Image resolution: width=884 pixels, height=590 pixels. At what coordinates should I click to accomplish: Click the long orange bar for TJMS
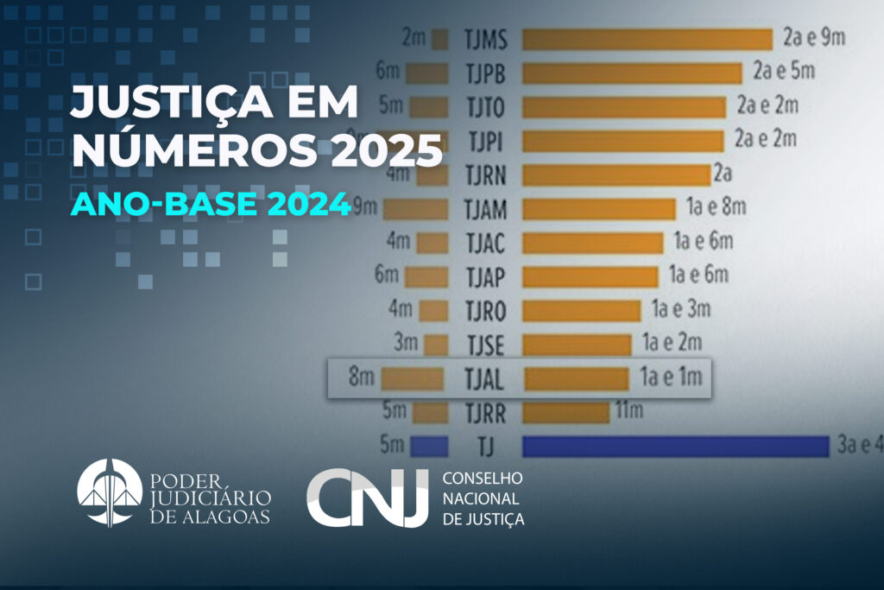(x=647, y=40)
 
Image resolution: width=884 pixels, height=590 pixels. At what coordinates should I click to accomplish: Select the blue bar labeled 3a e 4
(x=675, y=446)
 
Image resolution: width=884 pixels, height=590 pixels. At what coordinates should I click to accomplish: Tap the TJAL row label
(x=484, y=378)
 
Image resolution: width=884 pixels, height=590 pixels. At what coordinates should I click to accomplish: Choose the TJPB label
(x=484, y=73)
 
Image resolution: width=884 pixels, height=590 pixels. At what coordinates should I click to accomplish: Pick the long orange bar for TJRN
(x=616, y=174)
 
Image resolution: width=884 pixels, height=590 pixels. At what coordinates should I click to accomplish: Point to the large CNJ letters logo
(x=368, y=498)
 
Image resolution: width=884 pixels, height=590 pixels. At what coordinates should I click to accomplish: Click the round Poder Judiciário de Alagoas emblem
(x=110, y=492)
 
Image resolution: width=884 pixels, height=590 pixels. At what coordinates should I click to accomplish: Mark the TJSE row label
(x=484, y=345)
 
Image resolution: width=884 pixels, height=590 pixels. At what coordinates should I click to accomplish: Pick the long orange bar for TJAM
(x=598, y=209)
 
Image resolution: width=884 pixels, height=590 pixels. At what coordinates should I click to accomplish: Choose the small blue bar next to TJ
(x=429, y=446)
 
